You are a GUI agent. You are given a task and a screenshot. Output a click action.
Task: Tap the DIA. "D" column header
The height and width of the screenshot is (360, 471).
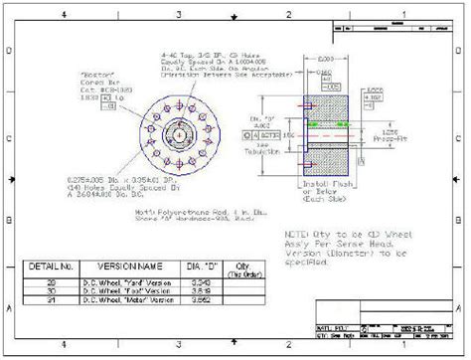[199, 268]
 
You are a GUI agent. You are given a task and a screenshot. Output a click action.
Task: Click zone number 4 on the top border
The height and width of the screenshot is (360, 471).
[64, 15]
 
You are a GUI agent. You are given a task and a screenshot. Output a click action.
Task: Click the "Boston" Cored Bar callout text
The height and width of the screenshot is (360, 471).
[98, 87]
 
